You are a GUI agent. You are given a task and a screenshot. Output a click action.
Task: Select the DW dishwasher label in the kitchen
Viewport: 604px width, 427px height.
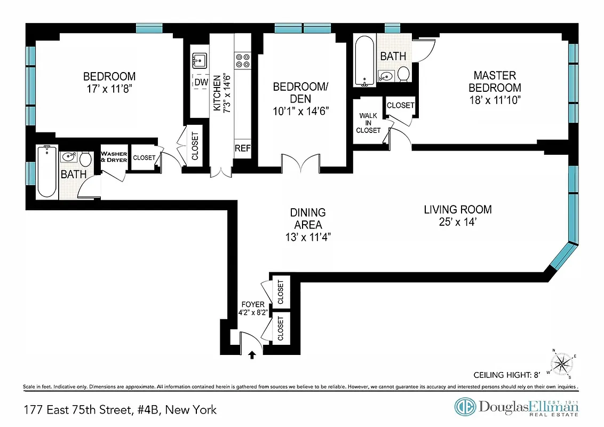click(x=201, y=82)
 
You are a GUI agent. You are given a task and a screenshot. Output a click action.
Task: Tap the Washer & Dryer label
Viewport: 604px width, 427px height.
click(x=114, y=157)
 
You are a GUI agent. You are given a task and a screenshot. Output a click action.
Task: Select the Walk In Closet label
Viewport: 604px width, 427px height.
click(x=369, y=123)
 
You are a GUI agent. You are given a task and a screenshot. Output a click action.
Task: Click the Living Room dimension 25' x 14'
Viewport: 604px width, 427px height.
click(x=457, y=223)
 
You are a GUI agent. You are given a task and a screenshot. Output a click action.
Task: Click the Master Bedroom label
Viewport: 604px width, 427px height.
click(x=495, y=82)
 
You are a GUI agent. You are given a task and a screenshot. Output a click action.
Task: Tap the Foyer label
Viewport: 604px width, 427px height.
click(x=253, y=304)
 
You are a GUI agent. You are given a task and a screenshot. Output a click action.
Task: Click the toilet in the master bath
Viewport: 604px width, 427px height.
click(x=403, y=74)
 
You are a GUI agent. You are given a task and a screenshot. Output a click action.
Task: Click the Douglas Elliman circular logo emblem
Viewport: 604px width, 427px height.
click(x=465, y=407)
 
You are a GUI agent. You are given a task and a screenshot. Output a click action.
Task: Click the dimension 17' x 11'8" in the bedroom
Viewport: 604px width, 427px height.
click(x=109, y=89)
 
